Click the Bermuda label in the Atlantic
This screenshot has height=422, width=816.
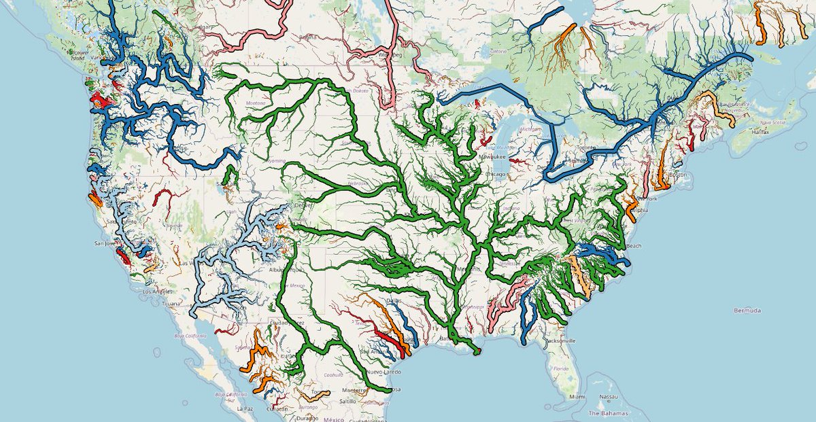(x=747, y=311)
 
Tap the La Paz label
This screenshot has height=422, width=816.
(x=245, y=409)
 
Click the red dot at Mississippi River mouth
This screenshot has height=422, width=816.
(x=477, y=351)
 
